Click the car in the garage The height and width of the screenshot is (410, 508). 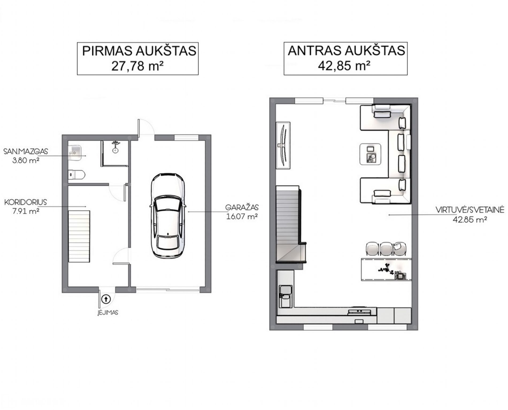pyautogui.click(x=168, y=215)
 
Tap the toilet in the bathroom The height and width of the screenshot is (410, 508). pyautogui.click(x=76, y=175)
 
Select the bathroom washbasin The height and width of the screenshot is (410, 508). pyautogui.click(x=75, y=153)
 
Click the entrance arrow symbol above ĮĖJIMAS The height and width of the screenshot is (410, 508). pyautogui.click(x=106, y=299)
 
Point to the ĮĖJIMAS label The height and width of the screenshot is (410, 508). pyautogui.click(x=108, y=312)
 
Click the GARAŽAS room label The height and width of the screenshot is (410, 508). pyautogui.click(x=242, y=207)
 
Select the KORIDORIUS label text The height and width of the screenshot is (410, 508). pyautogui.click(x=26, y=202)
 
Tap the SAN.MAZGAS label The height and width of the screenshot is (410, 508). pyautogui.click(x=26, y=151)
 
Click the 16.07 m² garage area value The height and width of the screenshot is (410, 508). pyautogui.click(x=242, y=216)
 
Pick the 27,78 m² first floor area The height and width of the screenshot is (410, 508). pyautogui.click(x=137, y=66)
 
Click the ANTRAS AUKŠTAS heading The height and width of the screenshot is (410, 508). pyautogui.click(x=346, y=51)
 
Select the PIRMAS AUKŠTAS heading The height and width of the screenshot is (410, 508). pyautogui.click(x=139, y=51)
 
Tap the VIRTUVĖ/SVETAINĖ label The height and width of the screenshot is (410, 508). pyautogui.click(x=470, y=210)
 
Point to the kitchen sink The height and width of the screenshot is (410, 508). pyautogui.click(x=286, y=296)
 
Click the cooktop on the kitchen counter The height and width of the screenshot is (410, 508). pyautogui.click(x=360, y=311)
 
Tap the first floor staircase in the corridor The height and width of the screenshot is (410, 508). pyautogui.click(x=79, y=236)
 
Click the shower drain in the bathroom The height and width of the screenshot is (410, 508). pyautogui.click(x=115, y=151)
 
